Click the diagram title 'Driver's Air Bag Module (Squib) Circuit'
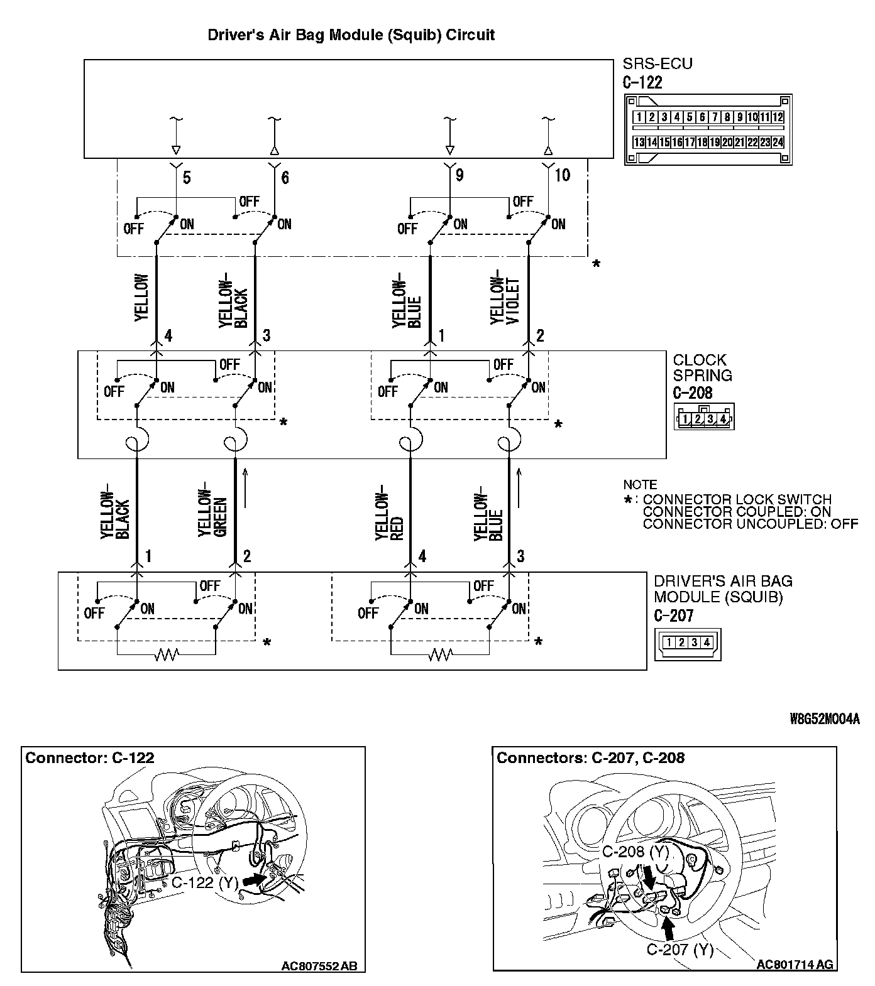pyautogui.click(x=351, y=35)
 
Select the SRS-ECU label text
pyautogui.click(x=658, y=64)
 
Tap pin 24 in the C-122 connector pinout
pyautogui.click(x=778, y=143)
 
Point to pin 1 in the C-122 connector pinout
pyautogui.click(x=639, y=117)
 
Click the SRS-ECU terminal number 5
pyautogui.click(x=187, y=178)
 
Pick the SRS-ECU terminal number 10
pyautogui.click(x=562, y=175)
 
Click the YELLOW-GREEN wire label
pyautogui.click(x=212, y=513)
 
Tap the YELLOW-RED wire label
pyautogui.click(x=388, y=513)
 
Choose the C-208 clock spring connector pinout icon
pyautogui.click(x=704, y=418)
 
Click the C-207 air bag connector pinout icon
pyautogui.click(x=688, y=643)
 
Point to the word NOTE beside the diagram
pyautogui.click(x=640, y=485)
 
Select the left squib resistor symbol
pyautogui.click(x=167, y=655)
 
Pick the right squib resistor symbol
pyautogui.click(x=440, y=655)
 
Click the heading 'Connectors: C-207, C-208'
pyautogui.click(x=590, y=758)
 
